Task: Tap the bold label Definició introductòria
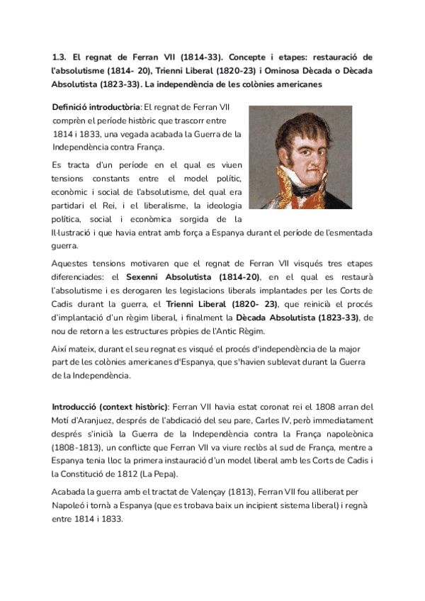coord(96,107)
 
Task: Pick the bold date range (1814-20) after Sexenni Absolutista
coord(234,277)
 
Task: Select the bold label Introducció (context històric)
coord(110,408)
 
